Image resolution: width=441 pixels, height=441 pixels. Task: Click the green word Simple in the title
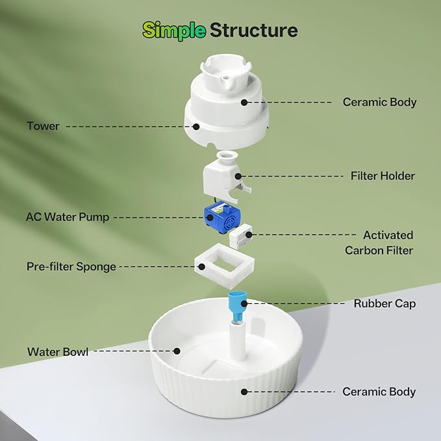click(174, 31)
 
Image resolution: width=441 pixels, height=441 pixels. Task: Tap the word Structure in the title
click(254, 30)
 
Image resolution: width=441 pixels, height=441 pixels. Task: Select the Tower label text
click(43, 126)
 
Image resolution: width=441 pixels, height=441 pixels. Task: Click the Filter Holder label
click(383, 176)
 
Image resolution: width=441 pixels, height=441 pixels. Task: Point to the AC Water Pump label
click(68, 217)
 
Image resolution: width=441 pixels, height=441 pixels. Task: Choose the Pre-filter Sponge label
click(71, 267)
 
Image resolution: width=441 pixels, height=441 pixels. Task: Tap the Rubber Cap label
click(384, 303)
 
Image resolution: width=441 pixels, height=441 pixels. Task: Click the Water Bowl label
click(58, 352)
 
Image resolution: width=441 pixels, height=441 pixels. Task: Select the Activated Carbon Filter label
click(379, 243)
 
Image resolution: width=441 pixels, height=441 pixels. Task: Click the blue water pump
click(222, 217)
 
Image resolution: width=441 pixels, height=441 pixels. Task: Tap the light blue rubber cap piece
click(237, 307)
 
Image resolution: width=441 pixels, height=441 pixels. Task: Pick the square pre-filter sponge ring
click(224, 266)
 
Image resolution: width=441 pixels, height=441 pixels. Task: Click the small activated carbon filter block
click(240, 235)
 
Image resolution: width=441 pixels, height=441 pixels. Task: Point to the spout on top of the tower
click(227, 83)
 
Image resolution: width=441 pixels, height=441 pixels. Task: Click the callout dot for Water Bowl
click(177, 351)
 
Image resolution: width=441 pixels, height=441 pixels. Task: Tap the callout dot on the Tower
click(196, 127)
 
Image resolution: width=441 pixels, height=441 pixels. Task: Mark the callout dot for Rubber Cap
click(244, 303)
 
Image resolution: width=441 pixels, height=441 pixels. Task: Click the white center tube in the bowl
click(238, 340)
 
